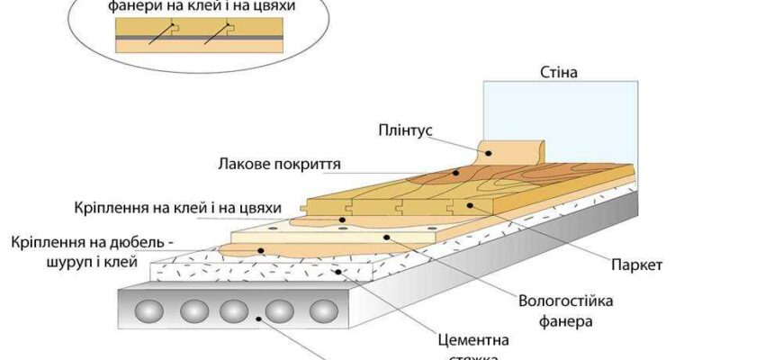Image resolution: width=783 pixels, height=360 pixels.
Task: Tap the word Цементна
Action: tap(473, 341)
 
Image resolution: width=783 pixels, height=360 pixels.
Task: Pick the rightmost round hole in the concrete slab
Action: tap(323, 311)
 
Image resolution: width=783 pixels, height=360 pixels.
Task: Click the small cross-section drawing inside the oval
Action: tap(197, 39)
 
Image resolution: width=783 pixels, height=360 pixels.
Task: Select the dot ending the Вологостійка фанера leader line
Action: tap(385, 238)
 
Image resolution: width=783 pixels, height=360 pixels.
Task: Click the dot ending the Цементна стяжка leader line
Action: tap(337, 270)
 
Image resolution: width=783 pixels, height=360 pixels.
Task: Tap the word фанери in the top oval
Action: tap(134, 5)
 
